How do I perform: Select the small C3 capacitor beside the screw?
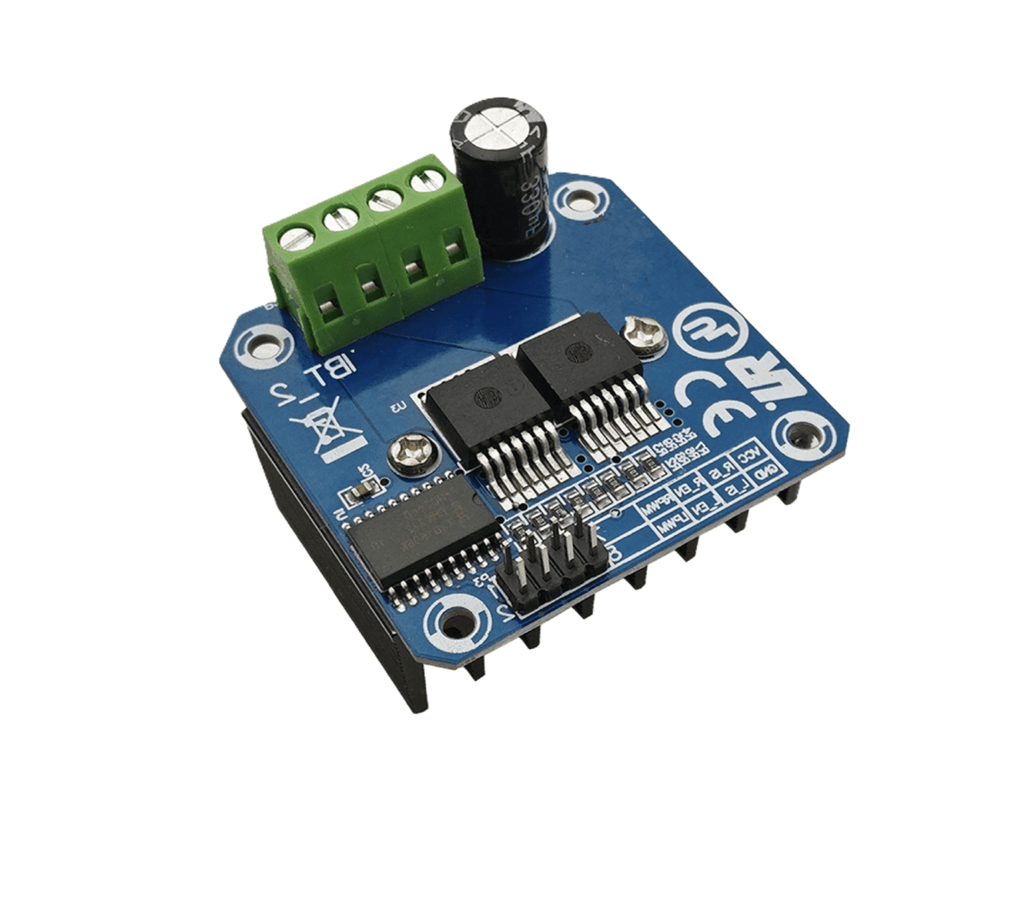[x=357, y=492]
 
